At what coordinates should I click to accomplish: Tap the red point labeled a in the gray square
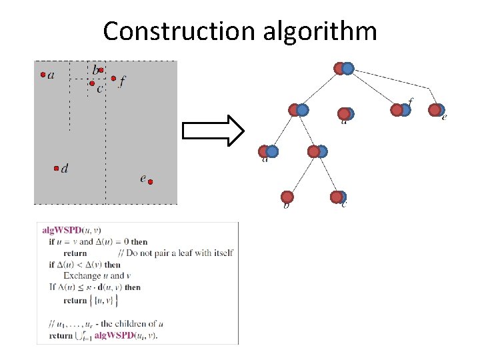click(43, 75)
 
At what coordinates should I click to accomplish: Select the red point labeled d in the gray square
click(57, 169)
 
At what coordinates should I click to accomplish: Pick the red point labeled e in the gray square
click(151, 181)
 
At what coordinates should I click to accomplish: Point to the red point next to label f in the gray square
click(113, 79)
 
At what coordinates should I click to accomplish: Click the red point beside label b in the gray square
click(101, 69)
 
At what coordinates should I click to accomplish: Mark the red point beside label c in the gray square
click(92, 83)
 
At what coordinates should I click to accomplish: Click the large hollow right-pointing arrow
click(214, 130)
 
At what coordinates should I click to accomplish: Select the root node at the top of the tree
click(343, 68)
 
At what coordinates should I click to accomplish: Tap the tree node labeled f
click(401, 109)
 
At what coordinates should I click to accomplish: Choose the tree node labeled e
click(437, 109)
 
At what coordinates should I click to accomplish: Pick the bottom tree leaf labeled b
click(287, 197)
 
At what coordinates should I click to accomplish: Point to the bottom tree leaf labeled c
click(338, 197)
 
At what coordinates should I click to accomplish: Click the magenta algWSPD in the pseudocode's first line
click(62, 230)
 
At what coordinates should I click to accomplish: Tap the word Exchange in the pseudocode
click(79, 276)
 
